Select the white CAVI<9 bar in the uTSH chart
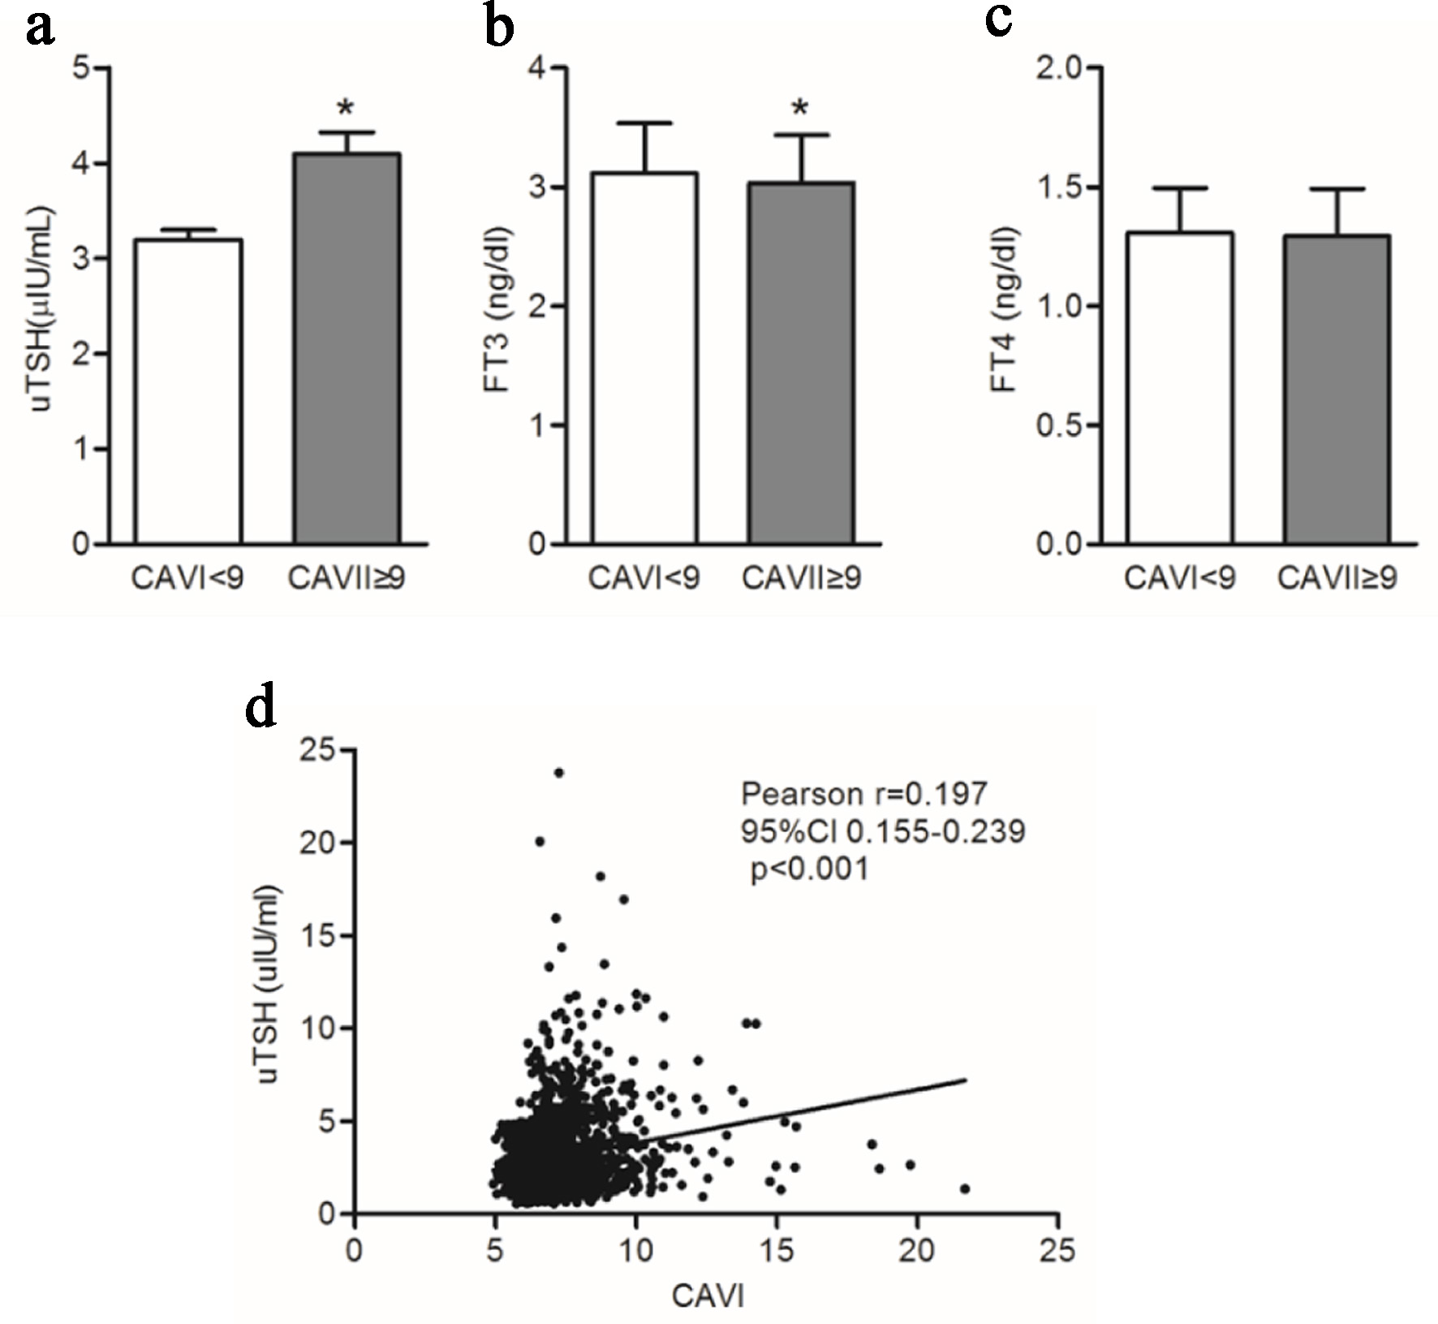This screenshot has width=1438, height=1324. click(x=188, y=390)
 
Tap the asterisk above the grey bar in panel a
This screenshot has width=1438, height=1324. click(x=346, y=109)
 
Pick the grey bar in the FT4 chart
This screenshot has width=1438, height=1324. click(x=1337, y=389)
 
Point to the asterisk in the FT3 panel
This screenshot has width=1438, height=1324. click(x=800, y=109)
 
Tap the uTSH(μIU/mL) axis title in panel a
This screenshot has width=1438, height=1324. click(x=42, y=308)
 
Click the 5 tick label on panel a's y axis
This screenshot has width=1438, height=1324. click(x=81, y=67)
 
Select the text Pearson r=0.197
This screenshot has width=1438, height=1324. click(x=863, y=794)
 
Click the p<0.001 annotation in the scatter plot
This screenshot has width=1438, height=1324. click(x=809, y=869)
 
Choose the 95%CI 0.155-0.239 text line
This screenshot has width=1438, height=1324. click(x=882, y=831)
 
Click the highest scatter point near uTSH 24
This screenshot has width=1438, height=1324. click(x=558, y=773)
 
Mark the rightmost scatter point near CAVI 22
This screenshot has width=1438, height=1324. click(x=965, y=1188)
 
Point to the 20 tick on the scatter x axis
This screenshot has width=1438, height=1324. click(x=916, y=1250)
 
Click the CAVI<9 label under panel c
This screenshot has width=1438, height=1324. click(x=1179, y=579)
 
